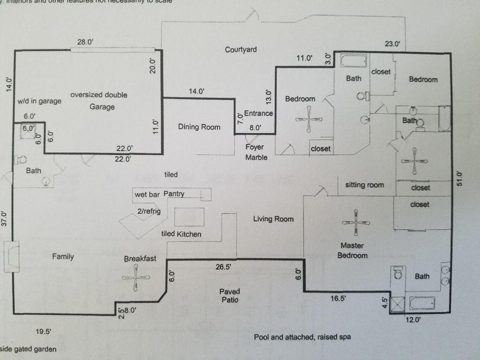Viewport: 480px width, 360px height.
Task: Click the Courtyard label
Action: [240, 49]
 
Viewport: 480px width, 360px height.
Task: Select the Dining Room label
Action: [199, 127]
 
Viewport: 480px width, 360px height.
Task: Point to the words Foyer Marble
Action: [256, 152]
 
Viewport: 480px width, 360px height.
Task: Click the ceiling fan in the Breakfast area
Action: [135, 278]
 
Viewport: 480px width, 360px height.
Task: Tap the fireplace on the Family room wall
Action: [11, 256]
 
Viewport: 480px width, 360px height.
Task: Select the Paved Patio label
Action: [230, 295]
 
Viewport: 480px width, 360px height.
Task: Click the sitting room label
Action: [364, 185]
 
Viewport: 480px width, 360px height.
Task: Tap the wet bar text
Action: [147, 194]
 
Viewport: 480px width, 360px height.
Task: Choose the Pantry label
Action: [174, 194]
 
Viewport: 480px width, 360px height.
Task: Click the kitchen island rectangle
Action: [189, 217]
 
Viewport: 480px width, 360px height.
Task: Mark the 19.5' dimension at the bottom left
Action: [43, 331]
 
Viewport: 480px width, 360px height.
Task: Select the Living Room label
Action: [273, 219]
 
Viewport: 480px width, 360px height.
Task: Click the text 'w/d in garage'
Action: [40, 101]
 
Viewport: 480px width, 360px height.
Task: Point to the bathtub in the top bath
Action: [353, 61]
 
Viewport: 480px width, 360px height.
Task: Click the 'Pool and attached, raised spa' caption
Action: [302, 337]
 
